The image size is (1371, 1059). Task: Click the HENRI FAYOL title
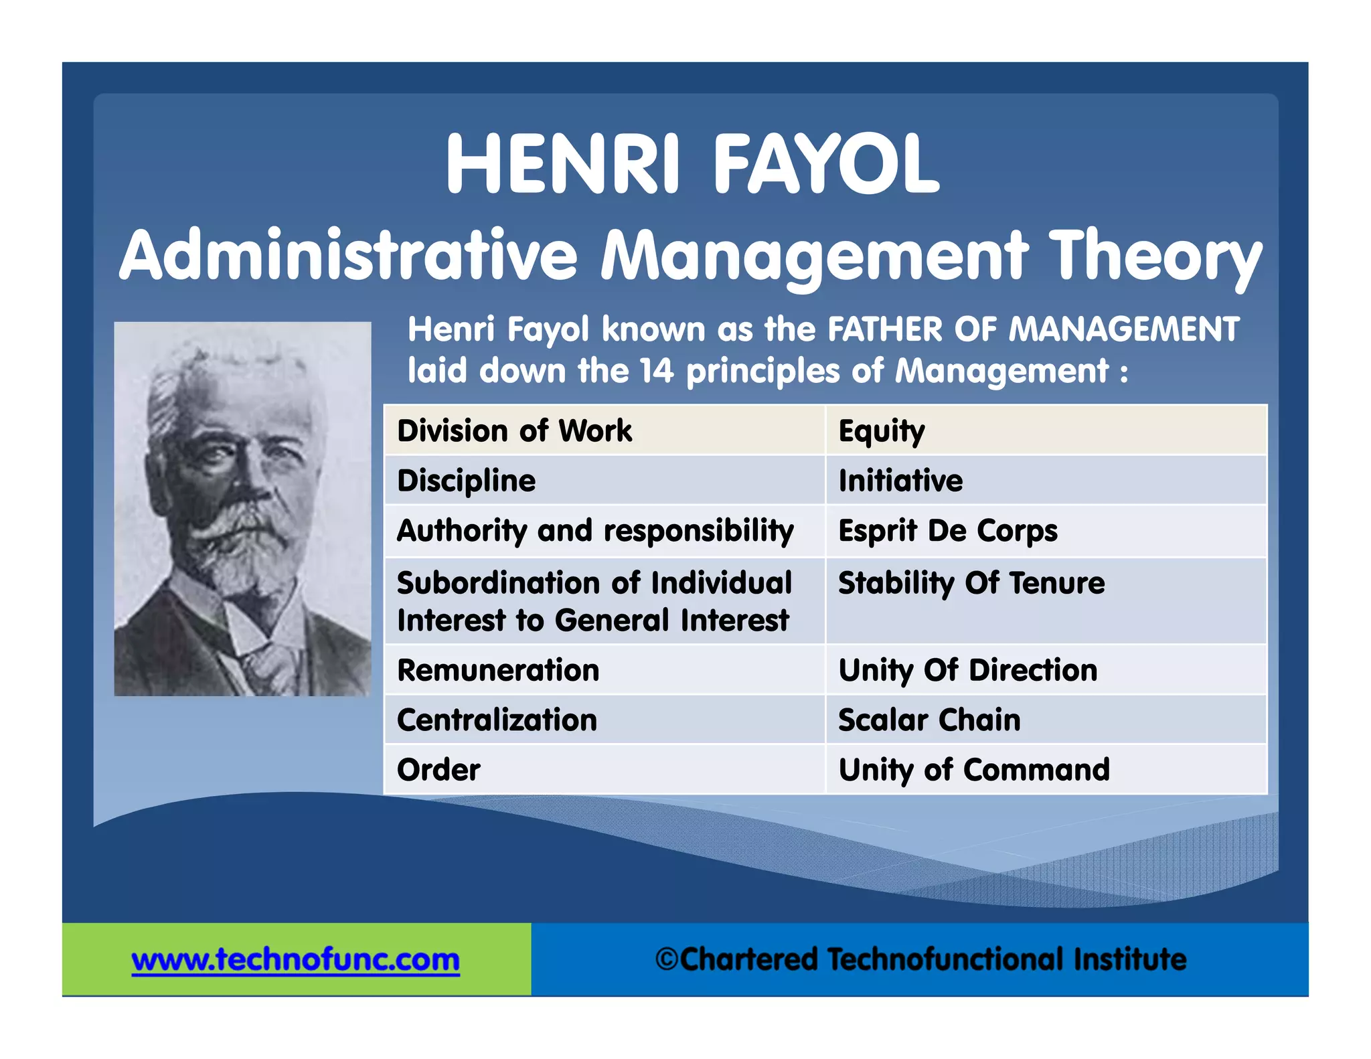[x=693, y=164]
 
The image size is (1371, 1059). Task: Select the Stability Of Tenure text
[x=971, y=583]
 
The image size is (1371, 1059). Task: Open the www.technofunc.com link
[x=296, y=960]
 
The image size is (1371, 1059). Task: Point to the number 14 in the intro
[x=656, y=371]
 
